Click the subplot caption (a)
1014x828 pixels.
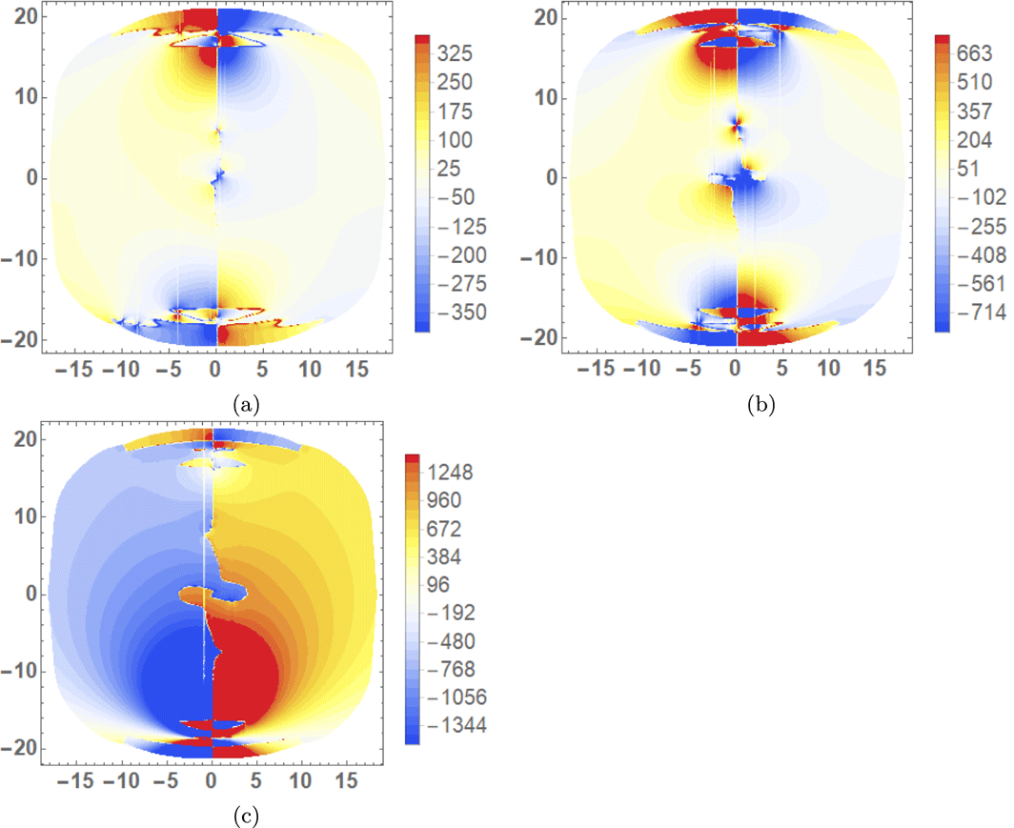point(246,404)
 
